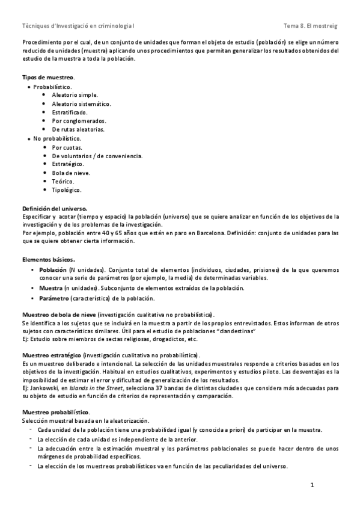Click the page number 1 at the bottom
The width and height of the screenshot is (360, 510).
[313, 485]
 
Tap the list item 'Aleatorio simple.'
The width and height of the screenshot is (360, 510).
[75, 95]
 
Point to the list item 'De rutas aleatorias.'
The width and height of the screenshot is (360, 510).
[78, 129]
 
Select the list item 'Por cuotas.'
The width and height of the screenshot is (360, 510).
[67, 147]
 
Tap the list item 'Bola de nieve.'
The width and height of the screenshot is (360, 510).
[71, 173]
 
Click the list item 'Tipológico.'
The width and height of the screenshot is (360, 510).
[67, 190]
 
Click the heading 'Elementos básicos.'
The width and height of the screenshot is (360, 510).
[49, 259]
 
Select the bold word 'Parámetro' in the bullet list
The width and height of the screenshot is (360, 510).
[53, 298]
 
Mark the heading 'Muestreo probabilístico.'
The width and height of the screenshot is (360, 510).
[56, 412]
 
